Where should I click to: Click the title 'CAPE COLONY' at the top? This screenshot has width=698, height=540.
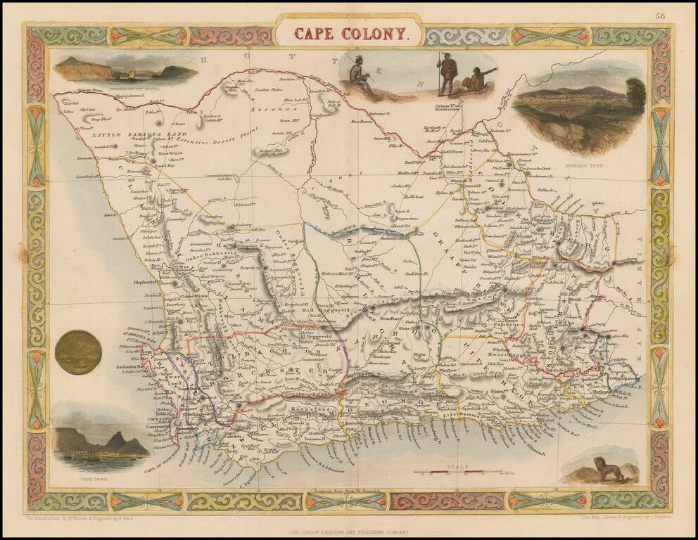349,32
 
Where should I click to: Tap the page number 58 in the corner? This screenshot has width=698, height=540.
659,15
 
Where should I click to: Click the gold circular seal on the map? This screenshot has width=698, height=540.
77,352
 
